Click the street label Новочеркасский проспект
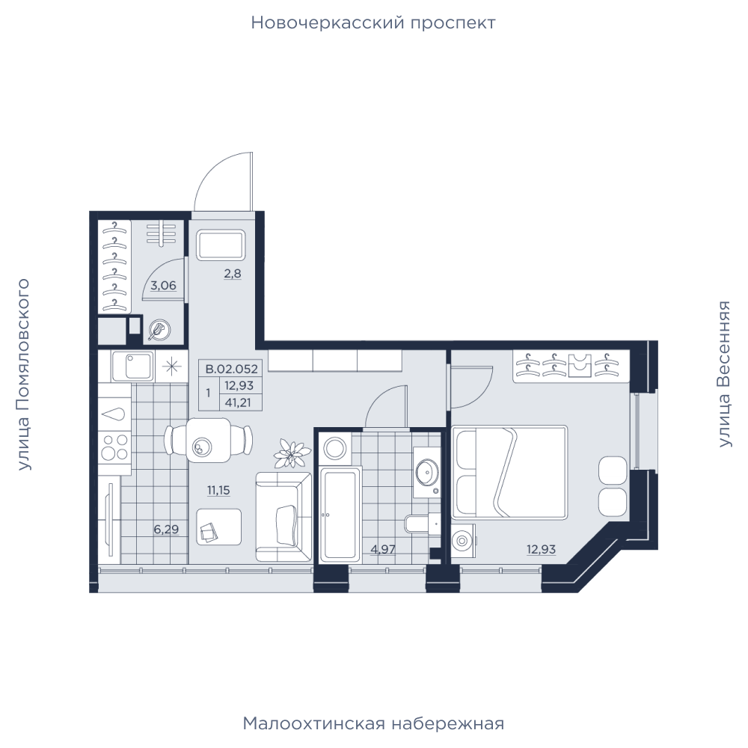tap(373, 23)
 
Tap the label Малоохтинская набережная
tap(373, 723)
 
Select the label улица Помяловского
tap(23, 375)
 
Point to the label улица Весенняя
tap(724, 374)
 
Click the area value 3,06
tap(163, 286)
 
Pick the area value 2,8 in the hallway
tap(233, 274)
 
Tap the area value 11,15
tap(218, 490)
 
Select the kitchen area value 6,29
tap(166, 529)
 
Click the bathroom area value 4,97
tap(382, 549)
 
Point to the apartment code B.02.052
tap(231, 369)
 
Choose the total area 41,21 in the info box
tap(238, 402)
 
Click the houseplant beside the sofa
tap(289, 453)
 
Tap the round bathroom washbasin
tap(426, 471)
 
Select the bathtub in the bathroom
tap(340, 515)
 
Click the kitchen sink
tap(132, 367)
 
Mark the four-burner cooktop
tap(115, 447)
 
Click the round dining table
tap(209, 441)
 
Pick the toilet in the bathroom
tap(423, 524)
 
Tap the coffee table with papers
tap(219, 527)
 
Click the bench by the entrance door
tap(221, 245)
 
